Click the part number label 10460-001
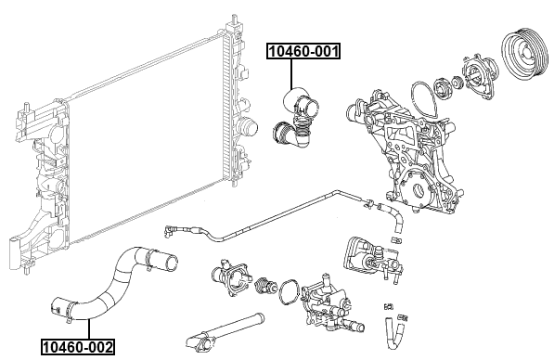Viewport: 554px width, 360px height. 303,51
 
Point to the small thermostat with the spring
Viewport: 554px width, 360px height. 265,285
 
